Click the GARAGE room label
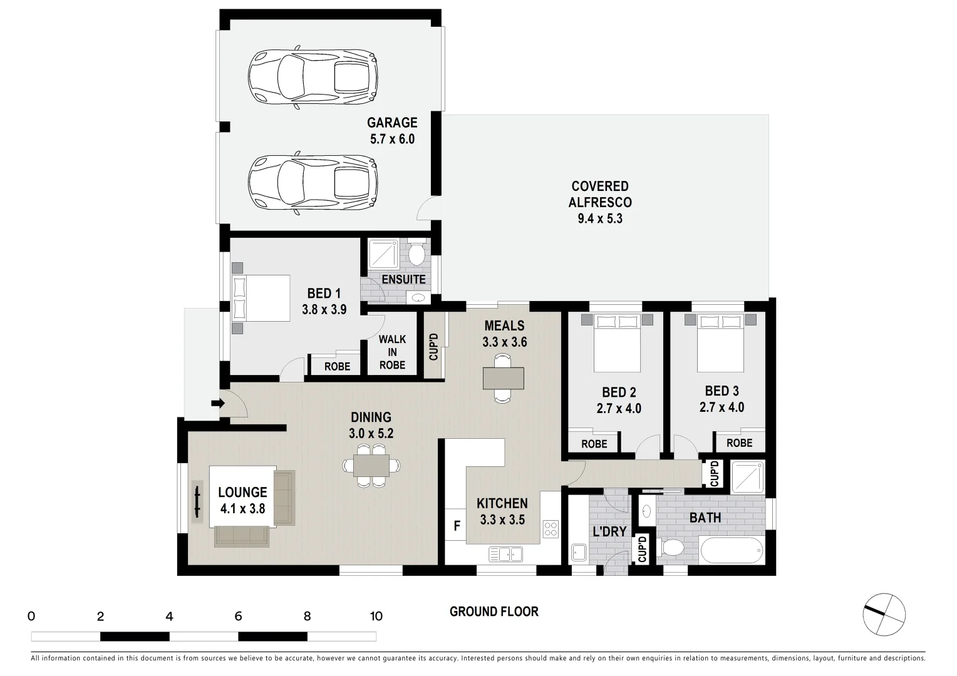392,123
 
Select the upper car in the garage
313,78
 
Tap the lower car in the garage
313,182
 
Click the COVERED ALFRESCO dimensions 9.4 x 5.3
600,219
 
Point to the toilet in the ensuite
416,255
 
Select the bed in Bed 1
261,297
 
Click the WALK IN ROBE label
392,352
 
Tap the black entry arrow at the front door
217,403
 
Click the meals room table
504,378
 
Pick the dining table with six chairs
371,465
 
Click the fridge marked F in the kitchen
457,526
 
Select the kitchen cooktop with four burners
551,528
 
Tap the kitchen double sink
506,554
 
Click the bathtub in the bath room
732,551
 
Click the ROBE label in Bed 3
739,443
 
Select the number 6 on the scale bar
238,616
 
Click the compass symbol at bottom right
884,613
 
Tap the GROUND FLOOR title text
494,612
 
